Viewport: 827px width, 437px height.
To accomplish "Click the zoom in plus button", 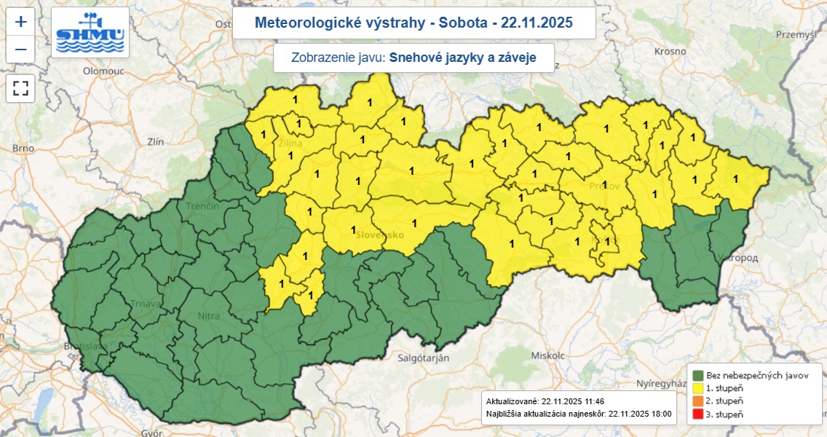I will click(20, 22).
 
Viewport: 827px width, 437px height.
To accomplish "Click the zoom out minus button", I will click(20, 50).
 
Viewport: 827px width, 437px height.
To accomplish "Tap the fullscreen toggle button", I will click(20, 89).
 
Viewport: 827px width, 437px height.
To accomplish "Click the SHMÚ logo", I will click(91, 34).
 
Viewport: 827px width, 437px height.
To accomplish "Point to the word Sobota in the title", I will click(460, 23).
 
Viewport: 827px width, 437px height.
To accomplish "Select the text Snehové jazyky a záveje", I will click(462, 58).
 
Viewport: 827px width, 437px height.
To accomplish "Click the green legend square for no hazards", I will click(697, 375).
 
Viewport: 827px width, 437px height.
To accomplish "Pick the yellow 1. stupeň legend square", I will click(697, 388).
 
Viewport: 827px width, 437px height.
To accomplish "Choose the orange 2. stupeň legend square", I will click(697, 401).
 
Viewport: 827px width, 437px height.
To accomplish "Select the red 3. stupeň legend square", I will click(697, 414).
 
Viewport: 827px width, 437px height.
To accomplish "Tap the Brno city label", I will click(23, 148).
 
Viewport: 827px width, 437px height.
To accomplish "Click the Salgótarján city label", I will click(423, 358).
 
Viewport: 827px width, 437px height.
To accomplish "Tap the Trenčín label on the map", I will click(202, 207).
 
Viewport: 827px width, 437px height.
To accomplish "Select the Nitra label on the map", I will click(210, 316).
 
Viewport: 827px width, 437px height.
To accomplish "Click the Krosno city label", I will click(670, 51).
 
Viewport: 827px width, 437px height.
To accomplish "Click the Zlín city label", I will click(155, 142).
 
